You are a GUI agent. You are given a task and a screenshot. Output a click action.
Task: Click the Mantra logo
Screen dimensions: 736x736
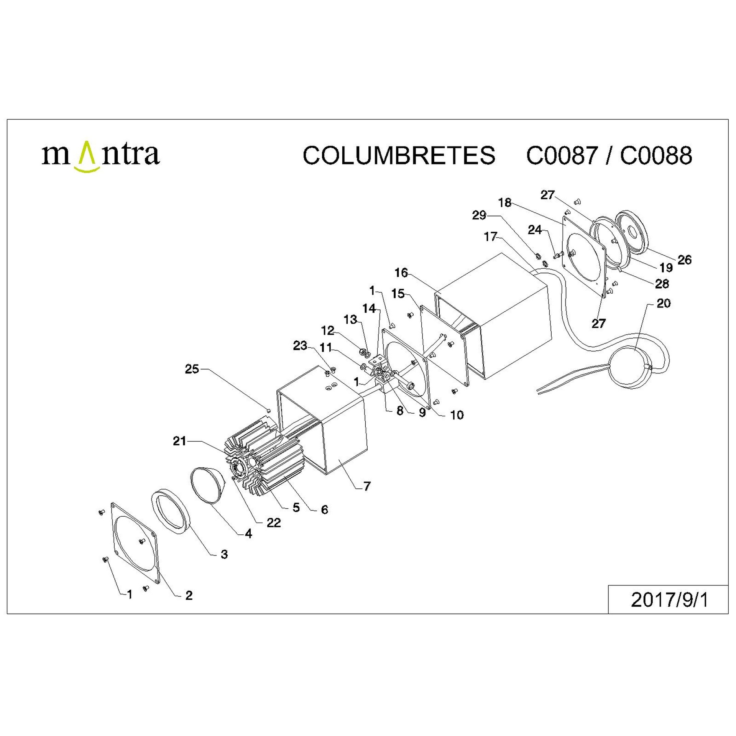(100, 156)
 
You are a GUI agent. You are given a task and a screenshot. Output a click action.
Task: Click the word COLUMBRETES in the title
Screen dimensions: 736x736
(399, 155)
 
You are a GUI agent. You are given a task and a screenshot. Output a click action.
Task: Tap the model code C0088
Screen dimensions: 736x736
(656, 155)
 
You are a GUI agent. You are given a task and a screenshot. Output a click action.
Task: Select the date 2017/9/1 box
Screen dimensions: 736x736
(668, 600)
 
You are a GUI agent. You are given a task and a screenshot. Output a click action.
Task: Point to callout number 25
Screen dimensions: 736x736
(192, 369)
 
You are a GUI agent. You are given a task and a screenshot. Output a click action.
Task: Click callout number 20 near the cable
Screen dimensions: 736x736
(664, 303)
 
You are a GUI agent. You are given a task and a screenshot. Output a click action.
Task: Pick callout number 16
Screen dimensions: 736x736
(401, 273)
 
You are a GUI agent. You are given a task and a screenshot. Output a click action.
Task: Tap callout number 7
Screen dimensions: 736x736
(367, 486)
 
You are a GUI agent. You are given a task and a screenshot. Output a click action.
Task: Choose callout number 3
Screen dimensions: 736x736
(224, 554)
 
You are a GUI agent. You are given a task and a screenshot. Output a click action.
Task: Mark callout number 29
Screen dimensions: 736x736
(479, 215)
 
